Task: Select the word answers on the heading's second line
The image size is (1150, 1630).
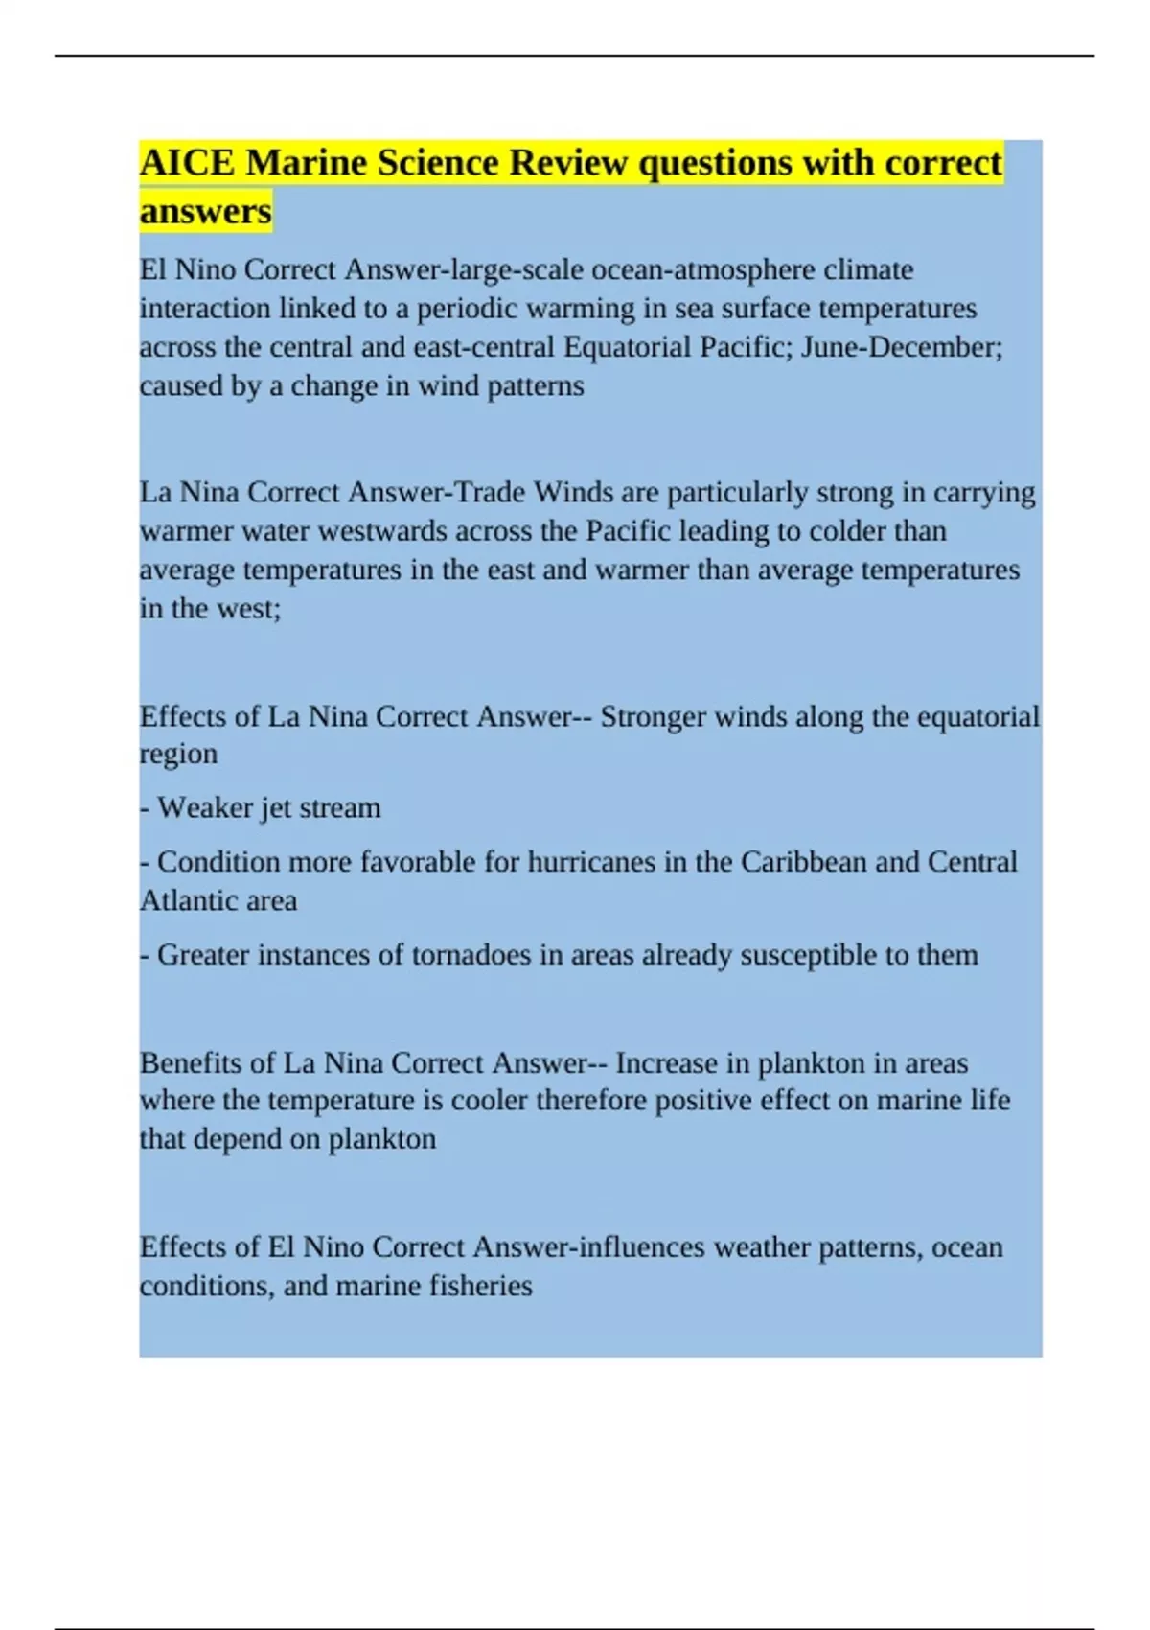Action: point(205,212)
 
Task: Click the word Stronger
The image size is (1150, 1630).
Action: point(653,717)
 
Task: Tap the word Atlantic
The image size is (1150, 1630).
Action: point(184,901)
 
